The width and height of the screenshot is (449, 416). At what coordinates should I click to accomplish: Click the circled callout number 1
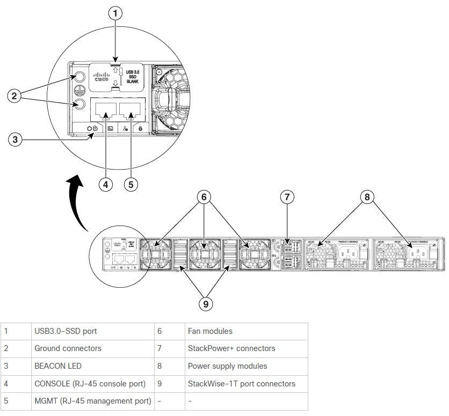(x=115, y=13)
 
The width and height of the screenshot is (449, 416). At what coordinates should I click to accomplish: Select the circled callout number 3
(x=16, y=140)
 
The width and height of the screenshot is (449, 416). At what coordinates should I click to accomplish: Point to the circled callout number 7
(x=287, y=197)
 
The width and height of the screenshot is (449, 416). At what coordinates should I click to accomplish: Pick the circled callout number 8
(x=367, y=197)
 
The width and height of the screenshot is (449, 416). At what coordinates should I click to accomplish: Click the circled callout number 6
(x=204, y=197)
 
